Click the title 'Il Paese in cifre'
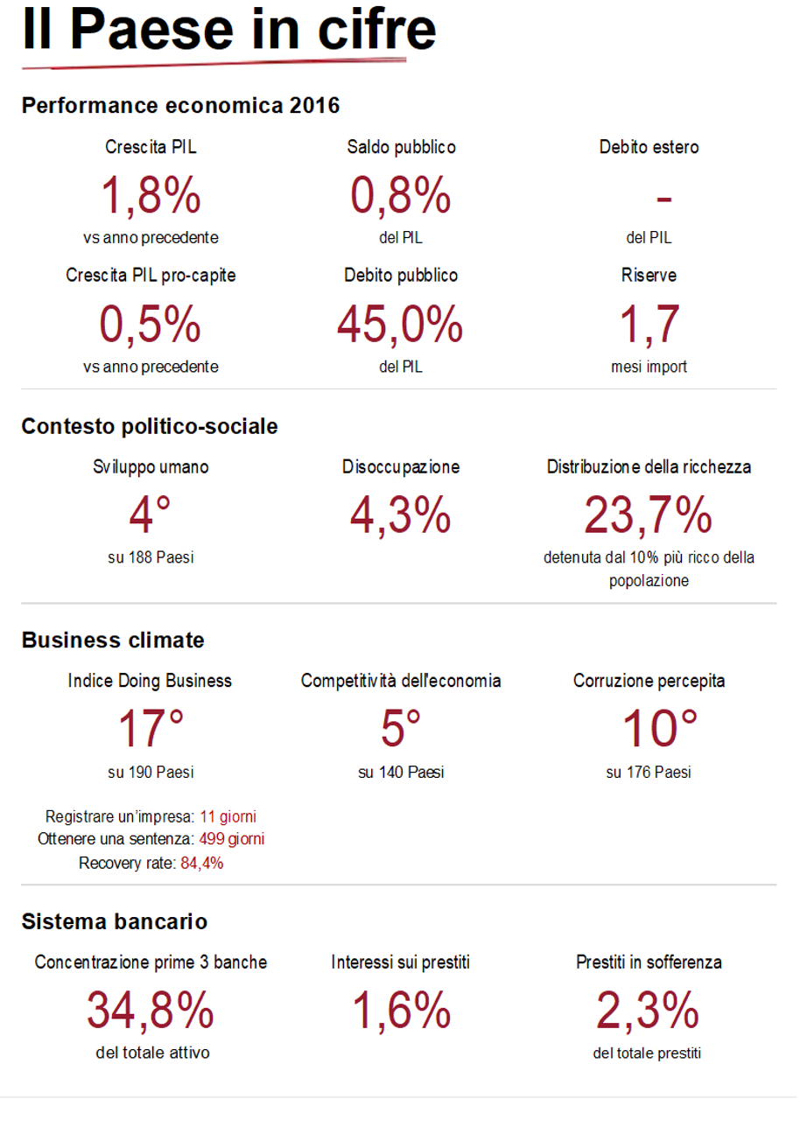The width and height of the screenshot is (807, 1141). (x=228, y=31)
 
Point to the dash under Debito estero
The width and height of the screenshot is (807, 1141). (x=663, y=199)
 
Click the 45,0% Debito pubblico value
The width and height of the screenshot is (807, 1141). (x=400, y=325)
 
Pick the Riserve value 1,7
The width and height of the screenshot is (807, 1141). (x=649, y=325)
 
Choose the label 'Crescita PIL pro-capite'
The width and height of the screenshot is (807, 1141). (x=151, y=276)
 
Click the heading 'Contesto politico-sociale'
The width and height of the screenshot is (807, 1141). (x=150, y=426)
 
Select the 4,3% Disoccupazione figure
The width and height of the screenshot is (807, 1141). (x=401, y=514)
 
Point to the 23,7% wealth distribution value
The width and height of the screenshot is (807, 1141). (x=649, y=514)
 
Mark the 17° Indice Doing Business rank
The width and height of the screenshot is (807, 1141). (x=151, y=728)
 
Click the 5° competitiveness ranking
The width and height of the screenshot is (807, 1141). (x=401, y=728)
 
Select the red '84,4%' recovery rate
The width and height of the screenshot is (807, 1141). (x=202, y=864)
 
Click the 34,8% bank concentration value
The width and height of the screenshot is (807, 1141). (x=151, y=1011)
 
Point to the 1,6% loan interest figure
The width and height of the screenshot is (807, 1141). (x=401, y=1011)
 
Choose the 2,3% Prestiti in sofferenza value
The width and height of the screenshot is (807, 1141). (x=648, y=1011)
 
